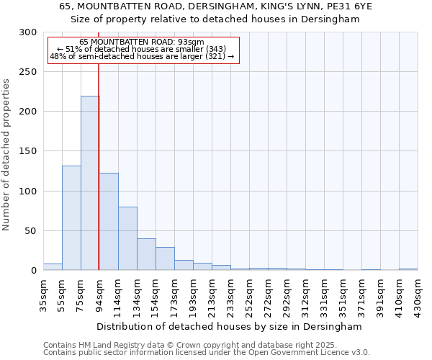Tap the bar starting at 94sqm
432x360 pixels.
pos(109,222)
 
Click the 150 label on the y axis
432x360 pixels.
pos(28,152)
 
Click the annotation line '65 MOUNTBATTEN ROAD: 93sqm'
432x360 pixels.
pos(142,42)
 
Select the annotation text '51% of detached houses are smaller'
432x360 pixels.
pos(142,49)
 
